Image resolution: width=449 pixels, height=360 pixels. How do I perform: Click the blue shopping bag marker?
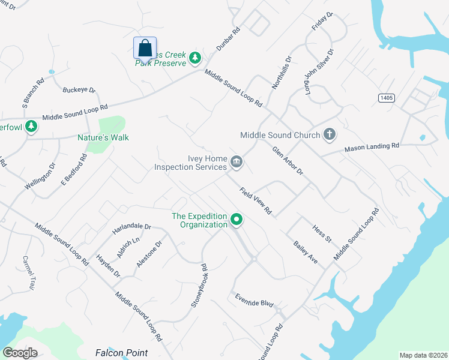[145, 47]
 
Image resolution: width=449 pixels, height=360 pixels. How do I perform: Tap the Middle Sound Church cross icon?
[329, 134]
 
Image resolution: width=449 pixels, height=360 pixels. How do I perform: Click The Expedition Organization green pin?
[237, 220]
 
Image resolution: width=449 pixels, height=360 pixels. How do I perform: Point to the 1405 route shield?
[386, 97]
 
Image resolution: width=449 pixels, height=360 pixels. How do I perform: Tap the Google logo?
[20, 352]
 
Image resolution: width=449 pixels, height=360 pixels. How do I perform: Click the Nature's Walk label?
[103, 137]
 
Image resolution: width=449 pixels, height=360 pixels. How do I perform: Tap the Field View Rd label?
[256, 201]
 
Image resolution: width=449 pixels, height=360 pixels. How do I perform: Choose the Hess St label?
[322, 233]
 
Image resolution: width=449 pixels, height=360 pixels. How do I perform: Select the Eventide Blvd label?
[254, 301]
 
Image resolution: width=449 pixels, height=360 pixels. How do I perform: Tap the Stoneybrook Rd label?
[199, 286]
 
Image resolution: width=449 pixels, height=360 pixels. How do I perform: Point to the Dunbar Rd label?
[228, 38]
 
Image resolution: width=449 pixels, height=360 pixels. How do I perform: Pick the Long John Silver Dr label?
[319, 72]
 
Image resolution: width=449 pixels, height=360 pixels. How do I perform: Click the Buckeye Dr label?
[79, 90]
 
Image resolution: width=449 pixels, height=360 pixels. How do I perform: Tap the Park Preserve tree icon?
[194, 58]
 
